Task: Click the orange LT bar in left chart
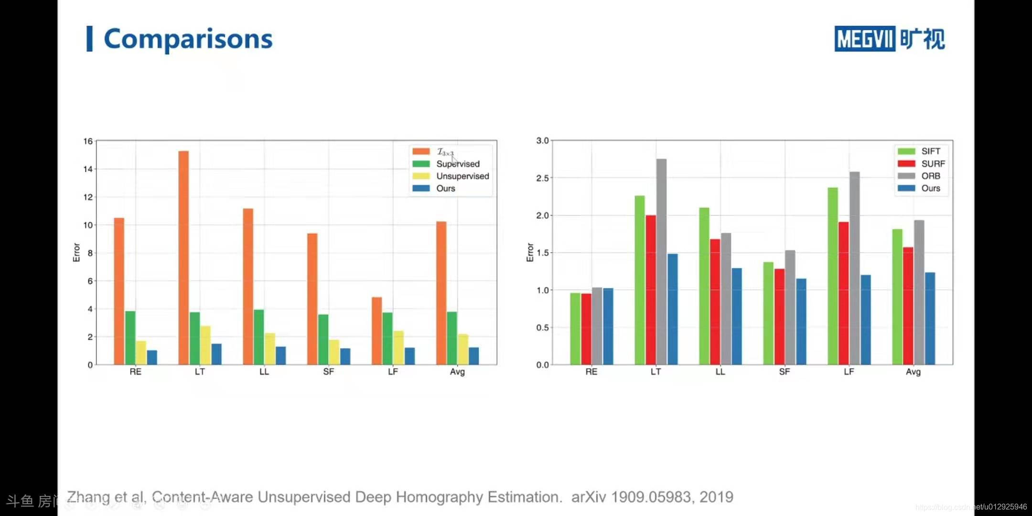(183, 258)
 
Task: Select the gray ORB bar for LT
(661, 262)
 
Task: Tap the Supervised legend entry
(457, 164)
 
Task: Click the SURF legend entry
(933, 163)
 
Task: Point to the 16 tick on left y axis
(88, 141)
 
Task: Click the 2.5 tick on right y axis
(542, 178)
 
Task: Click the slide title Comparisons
(188, 39)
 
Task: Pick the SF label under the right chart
(784, 372)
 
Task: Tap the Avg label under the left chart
(457, 372)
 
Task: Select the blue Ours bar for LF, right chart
(865, 320)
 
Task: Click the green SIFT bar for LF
(833, 276)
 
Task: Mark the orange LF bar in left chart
(377, 331)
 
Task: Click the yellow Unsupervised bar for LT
(205, 345)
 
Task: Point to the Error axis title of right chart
(530, 252)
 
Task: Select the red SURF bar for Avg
(908, 306)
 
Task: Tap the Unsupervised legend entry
(462, 176)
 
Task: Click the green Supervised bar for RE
(130, 338)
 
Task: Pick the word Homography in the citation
(438, 497)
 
